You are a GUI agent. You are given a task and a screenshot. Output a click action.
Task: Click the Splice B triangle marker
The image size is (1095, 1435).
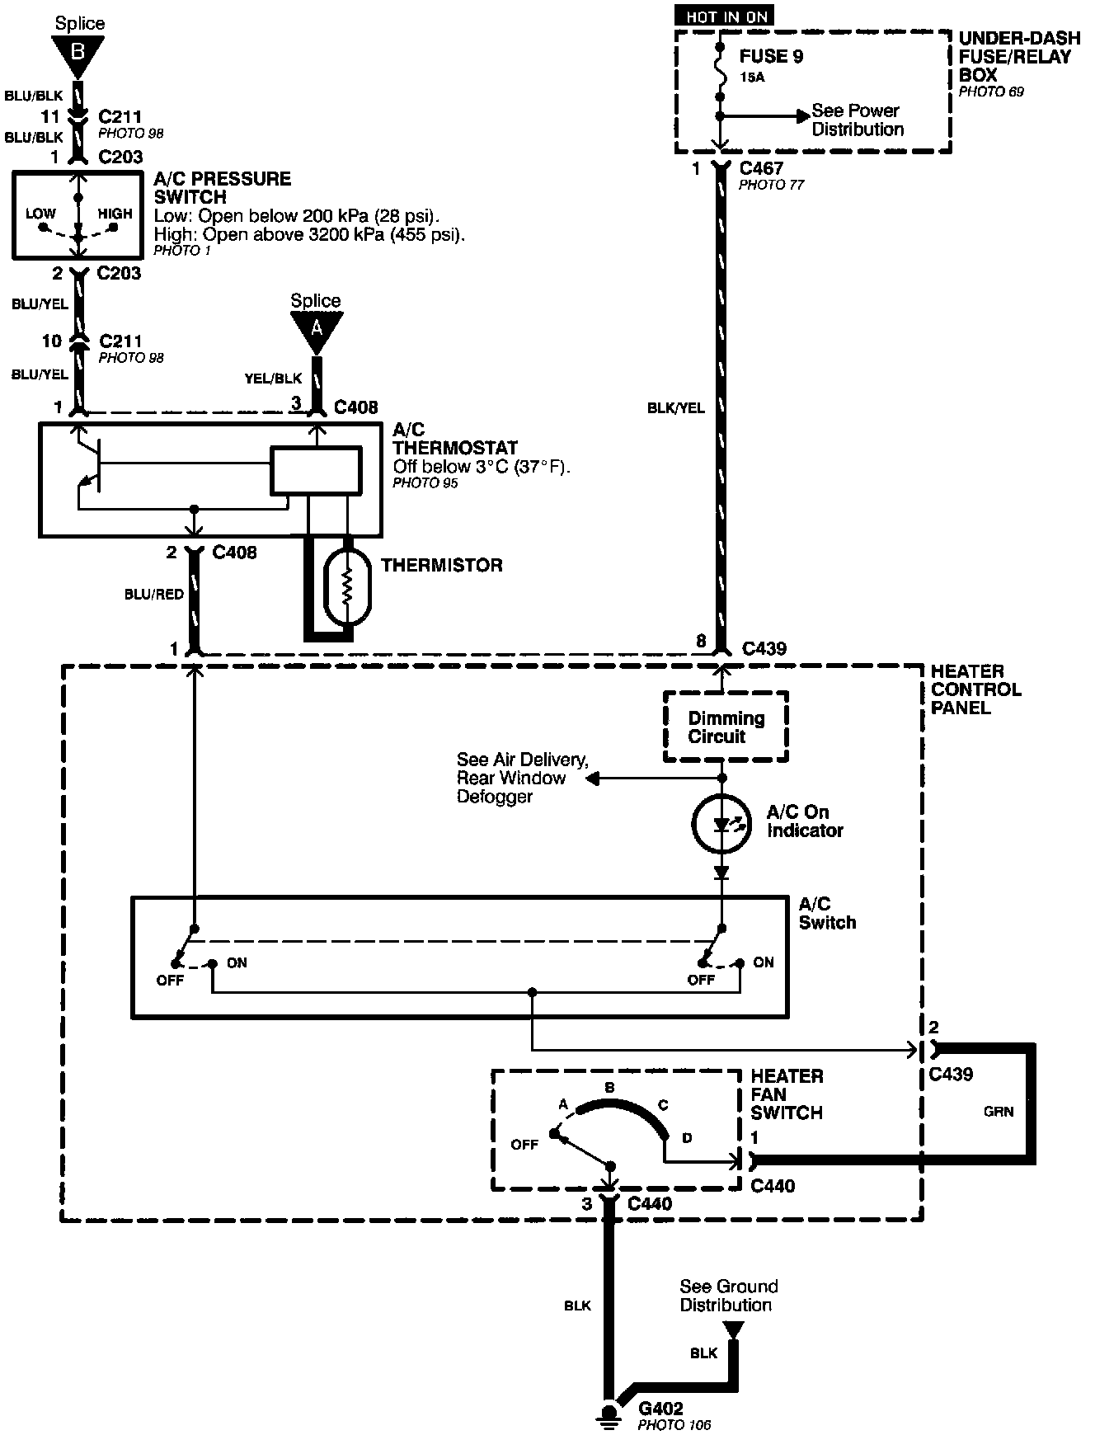tap(78, 54)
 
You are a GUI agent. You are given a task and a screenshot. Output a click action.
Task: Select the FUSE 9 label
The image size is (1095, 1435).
tap(771, 57)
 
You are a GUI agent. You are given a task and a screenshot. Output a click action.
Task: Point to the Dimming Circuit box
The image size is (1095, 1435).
tap(726, 727)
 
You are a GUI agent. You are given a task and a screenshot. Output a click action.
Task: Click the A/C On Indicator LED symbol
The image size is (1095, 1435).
tap(722, 823)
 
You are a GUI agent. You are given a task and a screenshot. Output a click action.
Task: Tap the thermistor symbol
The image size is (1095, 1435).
tap(347, 587)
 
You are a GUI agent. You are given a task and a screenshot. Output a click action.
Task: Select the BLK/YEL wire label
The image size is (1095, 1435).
tap(675, 407)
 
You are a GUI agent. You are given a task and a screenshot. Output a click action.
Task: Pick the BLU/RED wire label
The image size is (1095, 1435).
tap(154, 594)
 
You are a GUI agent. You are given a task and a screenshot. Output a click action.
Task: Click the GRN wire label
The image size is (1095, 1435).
tap(999, 1112)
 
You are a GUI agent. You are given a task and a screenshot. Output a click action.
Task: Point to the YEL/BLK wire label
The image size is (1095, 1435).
tap(273, 379)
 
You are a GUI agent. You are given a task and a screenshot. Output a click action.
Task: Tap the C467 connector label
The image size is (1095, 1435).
tap(761, 168)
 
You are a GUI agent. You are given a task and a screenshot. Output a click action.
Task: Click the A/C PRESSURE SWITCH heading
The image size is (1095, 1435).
tap(223, 188)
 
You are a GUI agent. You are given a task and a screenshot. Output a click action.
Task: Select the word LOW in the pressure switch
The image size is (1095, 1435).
tap(40, 214)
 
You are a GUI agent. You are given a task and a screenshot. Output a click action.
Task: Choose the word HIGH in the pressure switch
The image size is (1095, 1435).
tap(115, 214)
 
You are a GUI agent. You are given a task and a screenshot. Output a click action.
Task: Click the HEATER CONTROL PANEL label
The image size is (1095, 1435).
tap(975, 689)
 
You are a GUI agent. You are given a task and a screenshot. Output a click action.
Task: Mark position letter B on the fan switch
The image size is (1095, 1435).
tap(609, 1088)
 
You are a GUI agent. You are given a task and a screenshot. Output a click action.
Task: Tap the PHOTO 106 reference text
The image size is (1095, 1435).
tap(674, 1425)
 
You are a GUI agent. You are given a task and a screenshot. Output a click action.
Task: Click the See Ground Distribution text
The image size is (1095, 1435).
tap(728, 1296)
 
